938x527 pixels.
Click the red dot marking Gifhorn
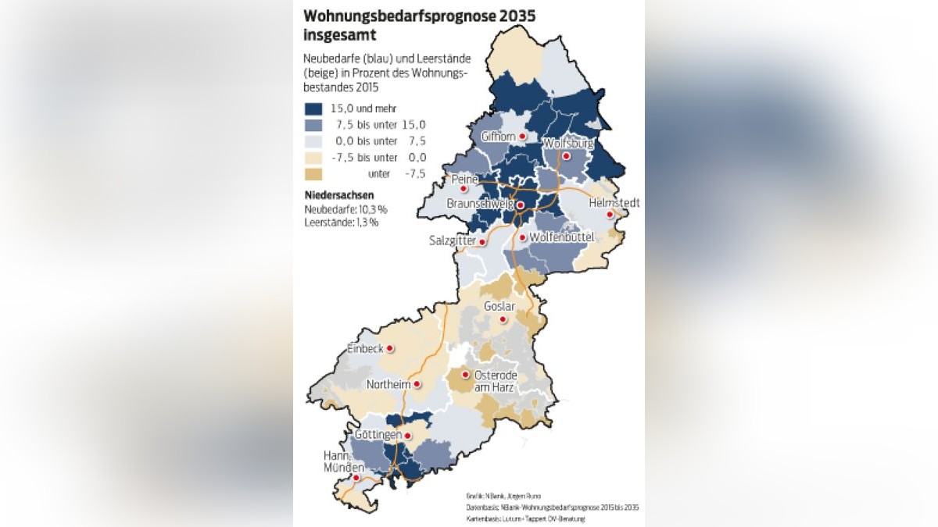(x=522, y=137)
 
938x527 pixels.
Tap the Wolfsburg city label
(x=568, y=144)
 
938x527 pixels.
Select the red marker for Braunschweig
(x=521, y=205)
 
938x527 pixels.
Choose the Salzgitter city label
(x=453, y=241)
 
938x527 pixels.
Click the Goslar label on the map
(x=500, y=306)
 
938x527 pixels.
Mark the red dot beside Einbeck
(x=390, y=349)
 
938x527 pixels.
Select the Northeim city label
(x=388, y=384)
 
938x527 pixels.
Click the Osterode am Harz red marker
(x=466, y=375)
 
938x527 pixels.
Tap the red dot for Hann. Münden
(x=356, y=478)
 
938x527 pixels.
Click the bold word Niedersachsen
(x=339, y=195)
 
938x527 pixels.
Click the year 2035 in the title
(x=511, y=16)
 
